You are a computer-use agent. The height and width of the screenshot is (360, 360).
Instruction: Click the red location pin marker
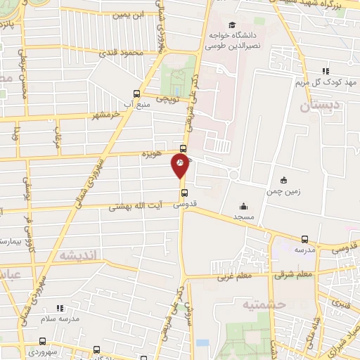coord(181,166)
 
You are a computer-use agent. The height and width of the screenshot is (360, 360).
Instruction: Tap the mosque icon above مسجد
coord(243,206)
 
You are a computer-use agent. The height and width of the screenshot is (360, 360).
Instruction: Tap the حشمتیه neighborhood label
coord(246,304)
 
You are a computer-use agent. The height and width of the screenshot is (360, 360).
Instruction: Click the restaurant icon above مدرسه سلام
coord(59,308)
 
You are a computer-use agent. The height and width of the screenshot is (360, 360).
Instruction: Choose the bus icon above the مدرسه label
coord(304,239)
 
